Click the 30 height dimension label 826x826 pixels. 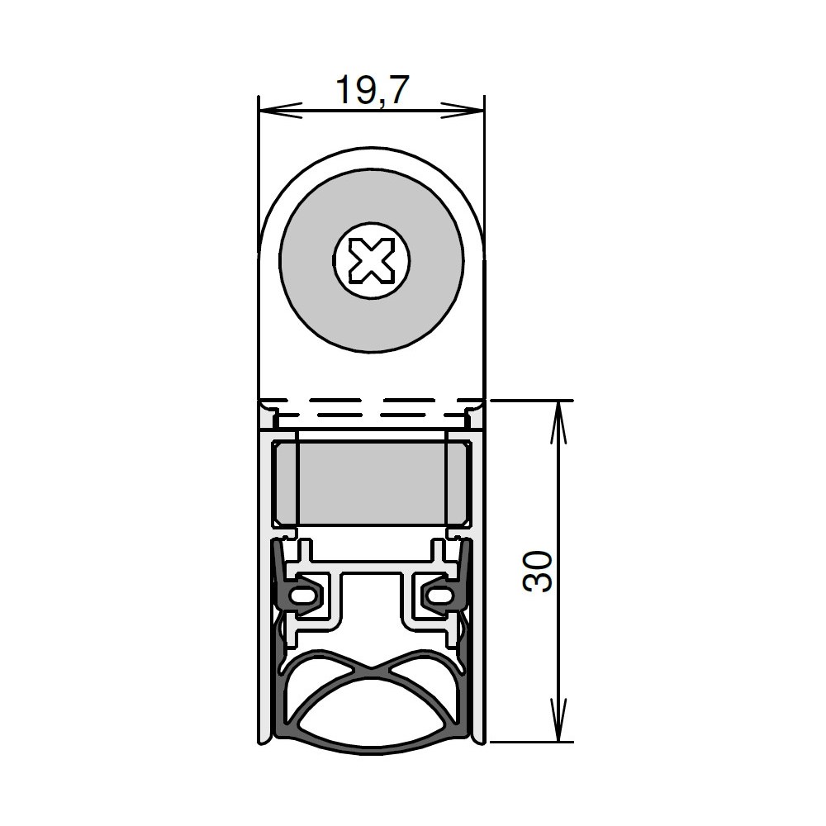[538, 571]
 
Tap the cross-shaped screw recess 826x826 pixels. [372, 260]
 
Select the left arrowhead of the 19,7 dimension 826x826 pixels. [280, 110]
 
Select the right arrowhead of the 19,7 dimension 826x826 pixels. [463, 110]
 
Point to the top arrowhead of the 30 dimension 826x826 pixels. [558, 421]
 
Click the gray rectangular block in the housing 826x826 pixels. [372, 483]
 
